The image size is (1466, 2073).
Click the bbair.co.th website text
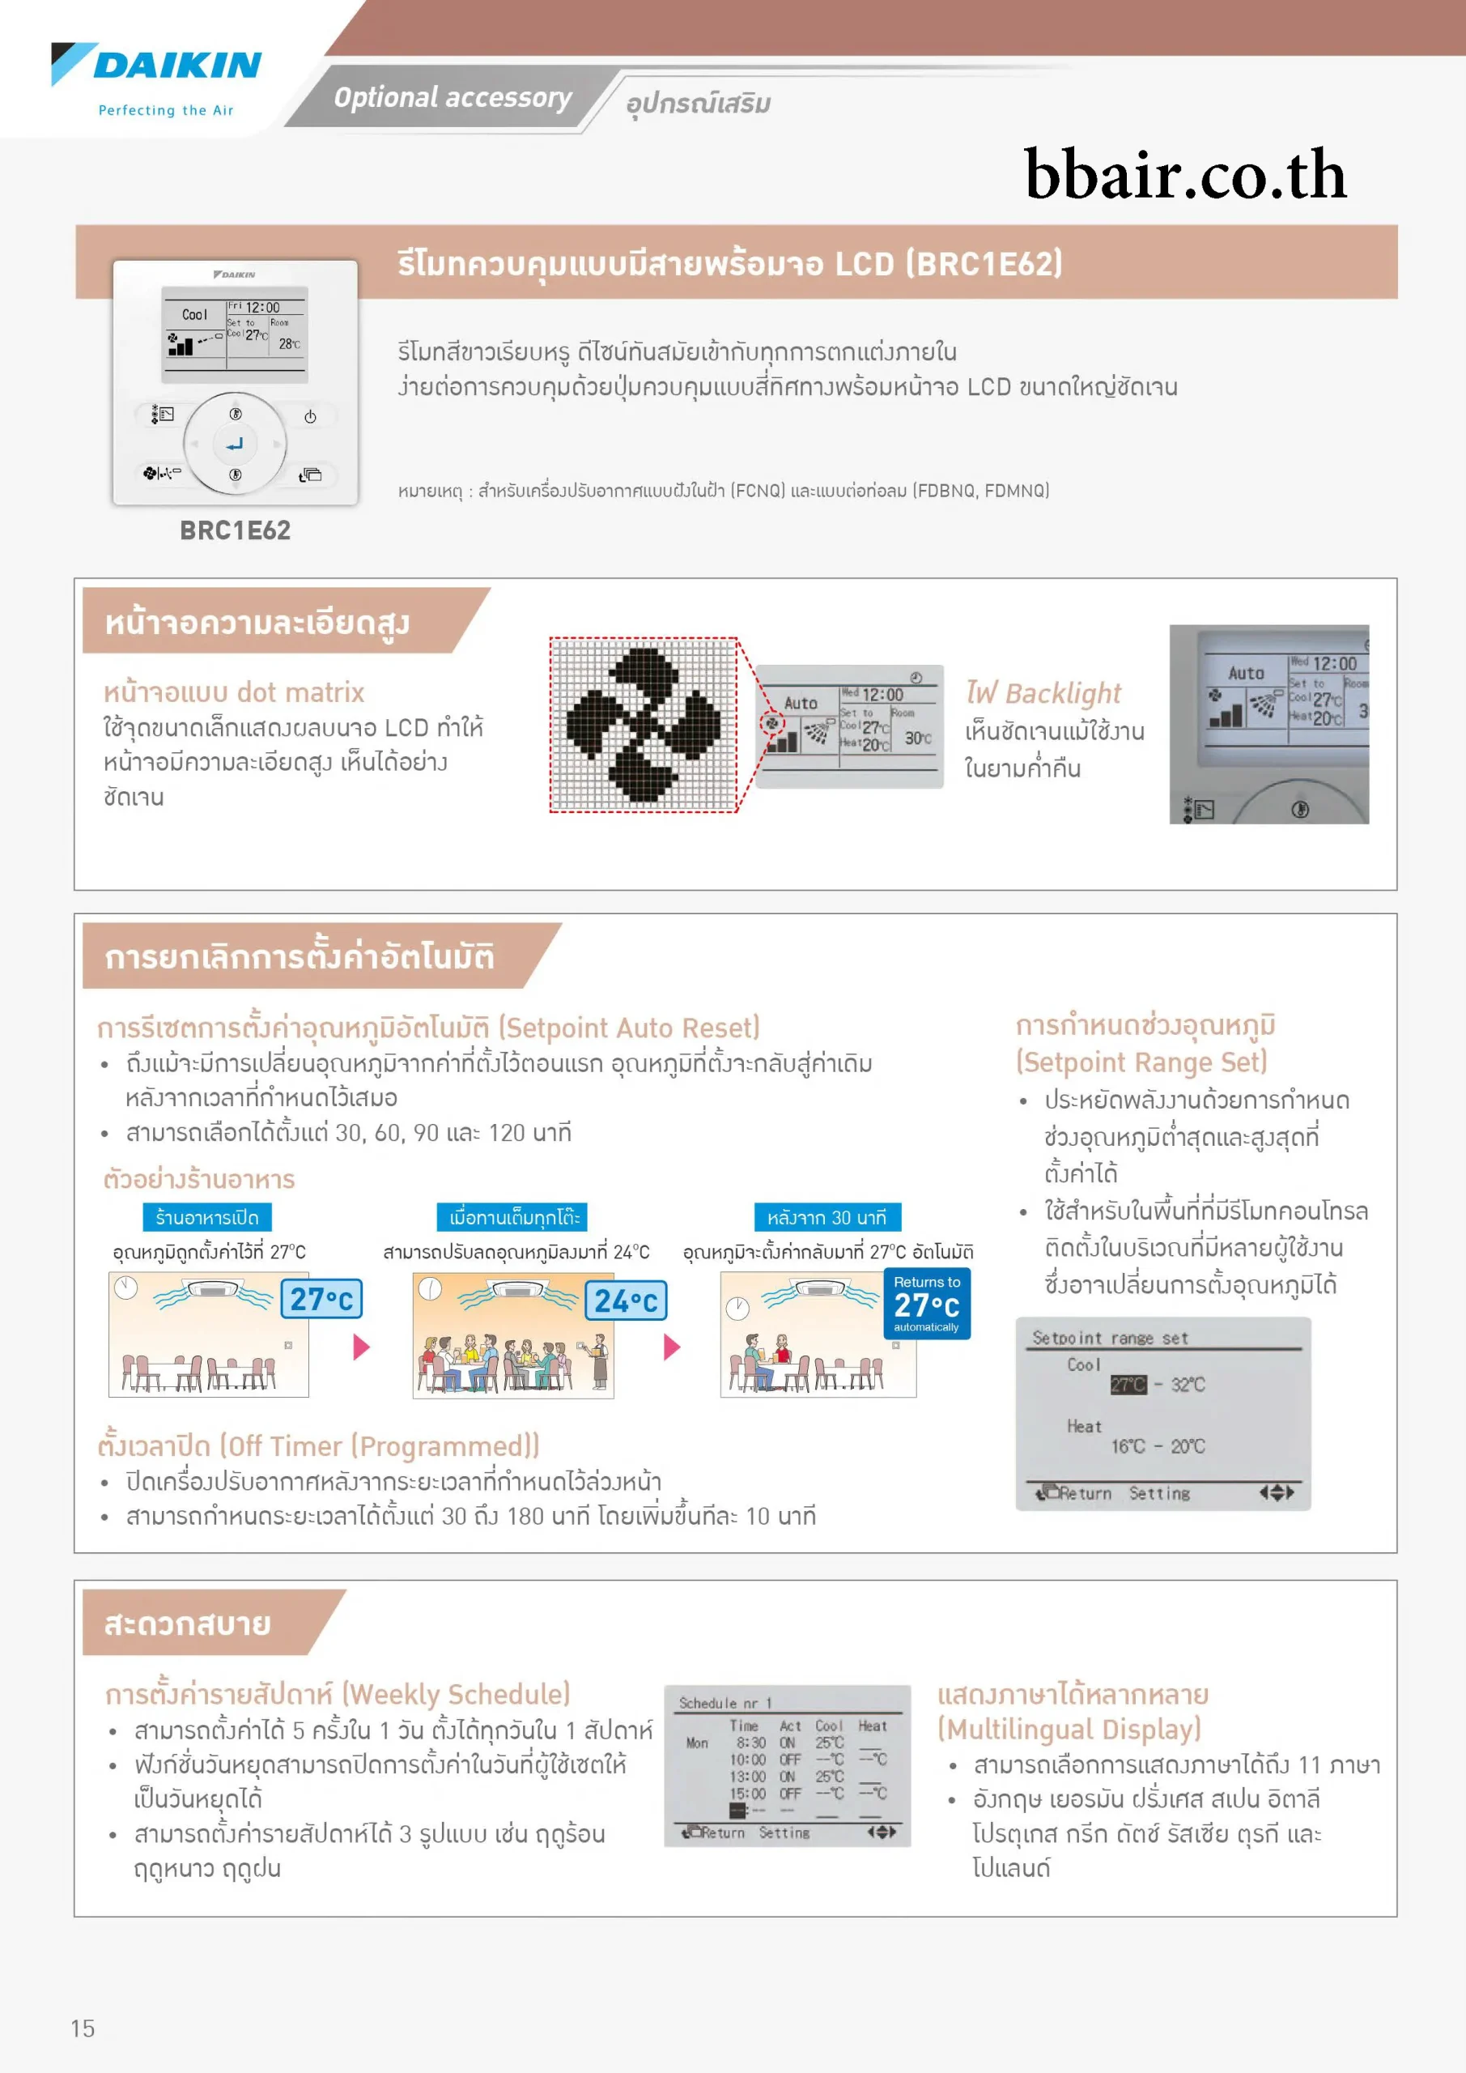coord(1184,174)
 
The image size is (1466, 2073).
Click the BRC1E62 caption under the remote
coord(235,530)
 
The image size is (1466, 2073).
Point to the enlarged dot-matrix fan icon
coord(644,724)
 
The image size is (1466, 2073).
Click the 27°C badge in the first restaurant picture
coord(321,1299)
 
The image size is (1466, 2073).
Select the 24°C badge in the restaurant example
coord(626,1301)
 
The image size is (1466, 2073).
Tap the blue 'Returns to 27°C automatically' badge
coord(926,1304)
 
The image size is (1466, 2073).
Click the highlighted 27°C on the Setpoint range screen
coord(1128,1384)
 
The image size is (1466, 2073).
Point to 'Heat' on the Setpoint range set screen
coord(1083,1427)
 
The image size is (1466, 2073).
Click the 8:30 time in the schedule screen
coord(750,1743)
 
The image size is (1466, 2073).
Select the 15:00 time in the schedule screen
coord(747,1794)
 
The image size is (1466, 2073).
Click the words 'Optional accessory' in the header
coord(453,97)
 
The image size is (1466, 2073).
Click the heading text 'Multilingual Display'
coord(1069,1729)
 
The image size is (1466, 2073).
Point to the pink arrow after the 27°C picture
coord(361,1347)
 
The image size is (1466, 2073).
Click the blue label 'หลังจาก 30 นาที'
coord(826,1217)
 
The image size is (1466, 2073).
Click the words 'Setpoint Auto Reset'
coord(629,1028)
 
